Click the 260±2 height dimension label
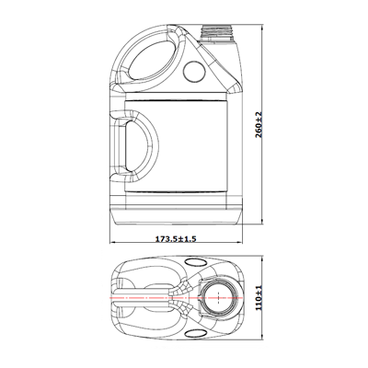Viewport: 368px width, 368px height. (259, 124)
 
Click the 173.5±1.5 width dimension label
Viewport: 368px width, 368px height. (176, 238)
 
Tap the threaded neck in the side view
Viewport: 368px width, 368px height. (216, 33)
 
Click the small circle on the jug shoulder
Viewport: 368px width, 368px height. (194, 71)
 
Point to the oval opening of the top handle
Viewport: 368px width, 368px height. (153, 59)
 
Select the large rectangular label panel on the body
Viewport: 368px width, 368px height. (176, 145)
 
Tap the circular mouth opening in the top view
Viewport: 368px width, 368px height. (218, 297)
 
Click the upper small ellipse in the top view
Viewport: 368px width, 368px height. (196, 261)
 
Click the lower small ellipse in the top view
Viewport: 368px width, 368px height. (196, 333)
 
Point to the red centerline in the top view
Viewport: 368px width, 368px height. (177, 298)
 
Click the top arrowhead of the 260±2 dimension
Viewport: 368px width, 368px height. (261, 29)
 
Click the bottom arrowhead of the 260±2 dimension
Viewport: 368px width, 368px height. (261, 221)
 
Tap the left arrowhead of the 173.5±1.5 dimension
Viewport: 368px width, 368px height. (112, 243)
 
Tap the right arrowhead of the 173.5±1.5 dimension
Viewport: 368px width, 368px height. (240, 243)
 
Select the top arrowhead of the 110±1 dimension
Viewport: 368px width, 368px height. (261, 259)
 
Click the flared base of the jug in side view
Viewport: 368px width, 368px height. (176, 216)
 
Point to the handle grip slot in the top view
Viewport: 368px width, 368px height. (143, 297)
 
